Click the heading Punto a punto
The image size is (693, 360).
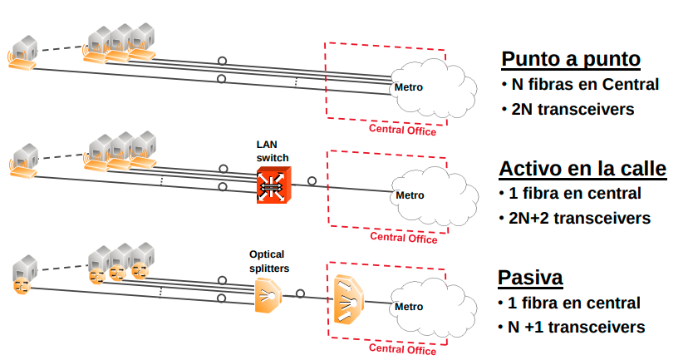pos(570,60)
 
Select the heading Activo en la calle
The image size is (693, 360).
pos(582,170)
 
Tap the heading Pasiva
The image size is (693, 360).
pos(529,278)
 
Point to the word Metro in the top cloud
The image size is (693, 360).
pos(409,87)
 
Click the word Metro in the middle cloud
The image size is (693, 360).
pos(409,195)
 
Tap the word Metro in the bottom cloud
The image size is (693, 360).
pos(409,306)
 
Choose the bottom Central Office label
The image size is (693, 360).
pos(403,350)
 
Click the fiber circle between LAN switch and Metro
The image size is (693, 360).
pos(312,180)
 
